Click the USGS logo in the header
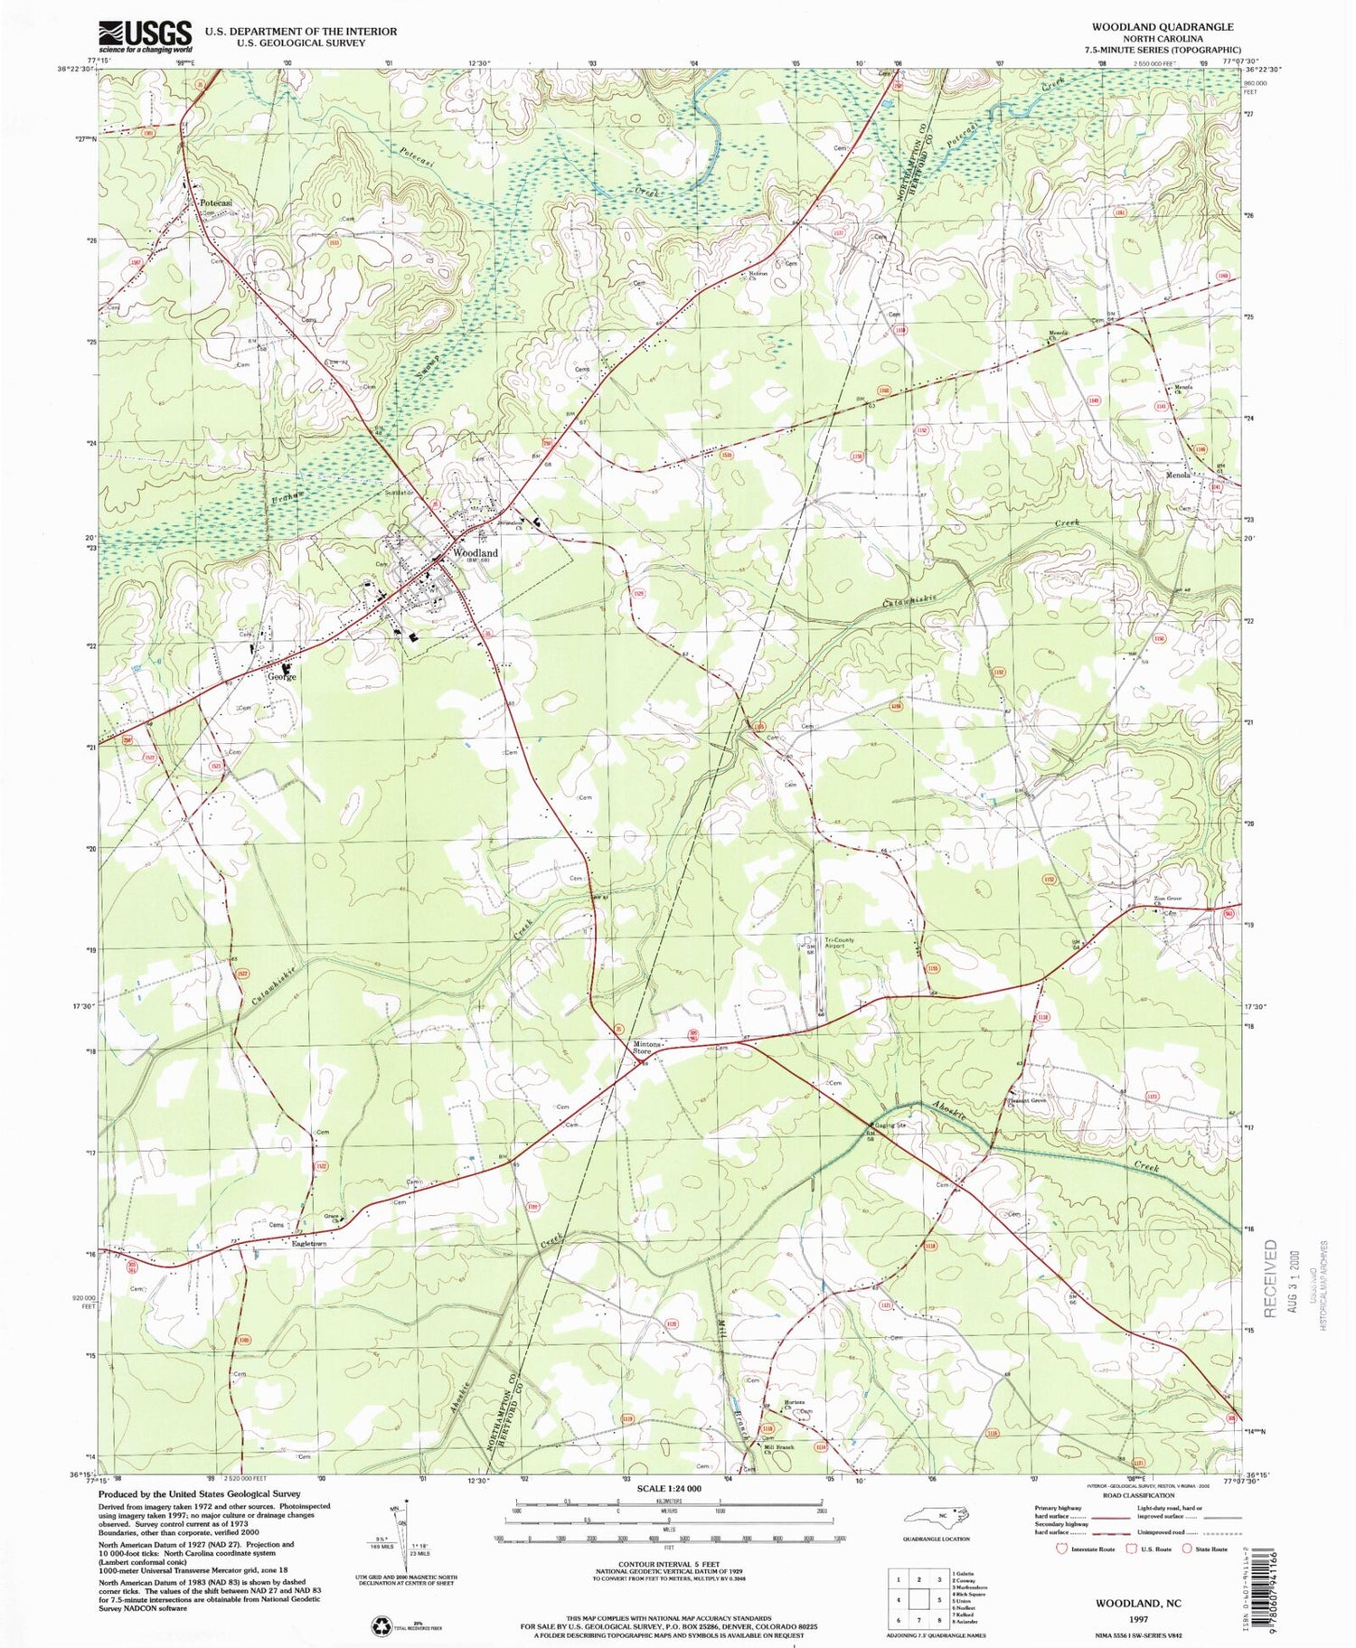145,36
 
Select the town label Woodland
475,552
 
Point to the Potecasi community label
217,203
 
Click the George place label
281,676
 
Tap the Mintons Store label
643,1047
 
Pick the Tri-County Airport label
838,943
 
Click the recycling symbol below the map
381,1625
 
